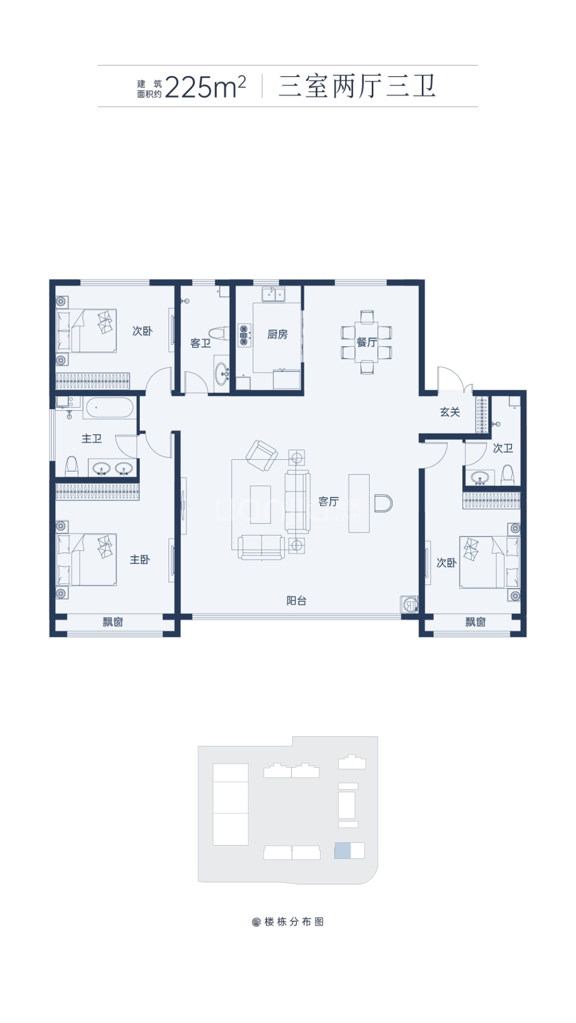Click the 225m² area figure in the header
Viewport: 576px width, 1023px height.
coord(205,87)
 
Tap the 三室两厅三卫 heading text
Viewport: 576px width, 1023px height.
coord(357,86)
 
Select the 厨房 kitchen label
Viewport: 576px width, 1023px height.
coord(278,335)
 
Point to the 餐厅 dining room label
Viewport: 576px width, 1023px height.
coord(367,342)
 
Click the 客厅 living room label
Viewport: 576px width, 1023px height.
coord(329,501)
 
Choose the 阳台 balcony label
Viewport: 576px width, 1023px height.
coord(296,601)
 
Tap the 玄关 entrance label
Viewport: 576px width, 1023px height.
coord(450,412)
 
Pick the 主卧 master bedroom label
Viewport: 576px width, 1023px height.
coord(140,560)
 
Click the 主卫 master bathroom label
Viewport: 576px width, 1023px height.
coord(92,438)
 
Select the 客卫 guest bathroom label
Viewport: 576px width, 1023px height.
coord(201,343)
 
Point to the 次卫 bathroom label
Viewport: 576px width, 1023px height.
coord(503,448)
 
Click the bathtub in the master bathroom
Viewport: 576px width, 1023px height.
coord(110,408)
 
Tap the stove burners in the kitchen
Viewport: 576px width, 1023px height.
coord(244,335)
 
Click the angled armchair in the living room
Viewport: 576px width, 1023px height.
coord(262,455)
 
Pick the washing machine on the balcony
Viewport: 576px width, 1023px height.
coord(409,604)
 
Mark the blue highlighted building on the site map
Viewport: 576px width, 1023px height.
coord(343,851)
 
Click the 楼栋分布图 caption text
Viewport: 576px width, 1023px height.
coord(294,922)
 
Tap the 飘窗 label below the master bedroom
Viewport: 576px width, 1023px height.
coord(113,622)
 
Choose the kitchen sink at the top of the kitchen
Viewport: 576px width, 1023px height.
coord(274,294)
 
